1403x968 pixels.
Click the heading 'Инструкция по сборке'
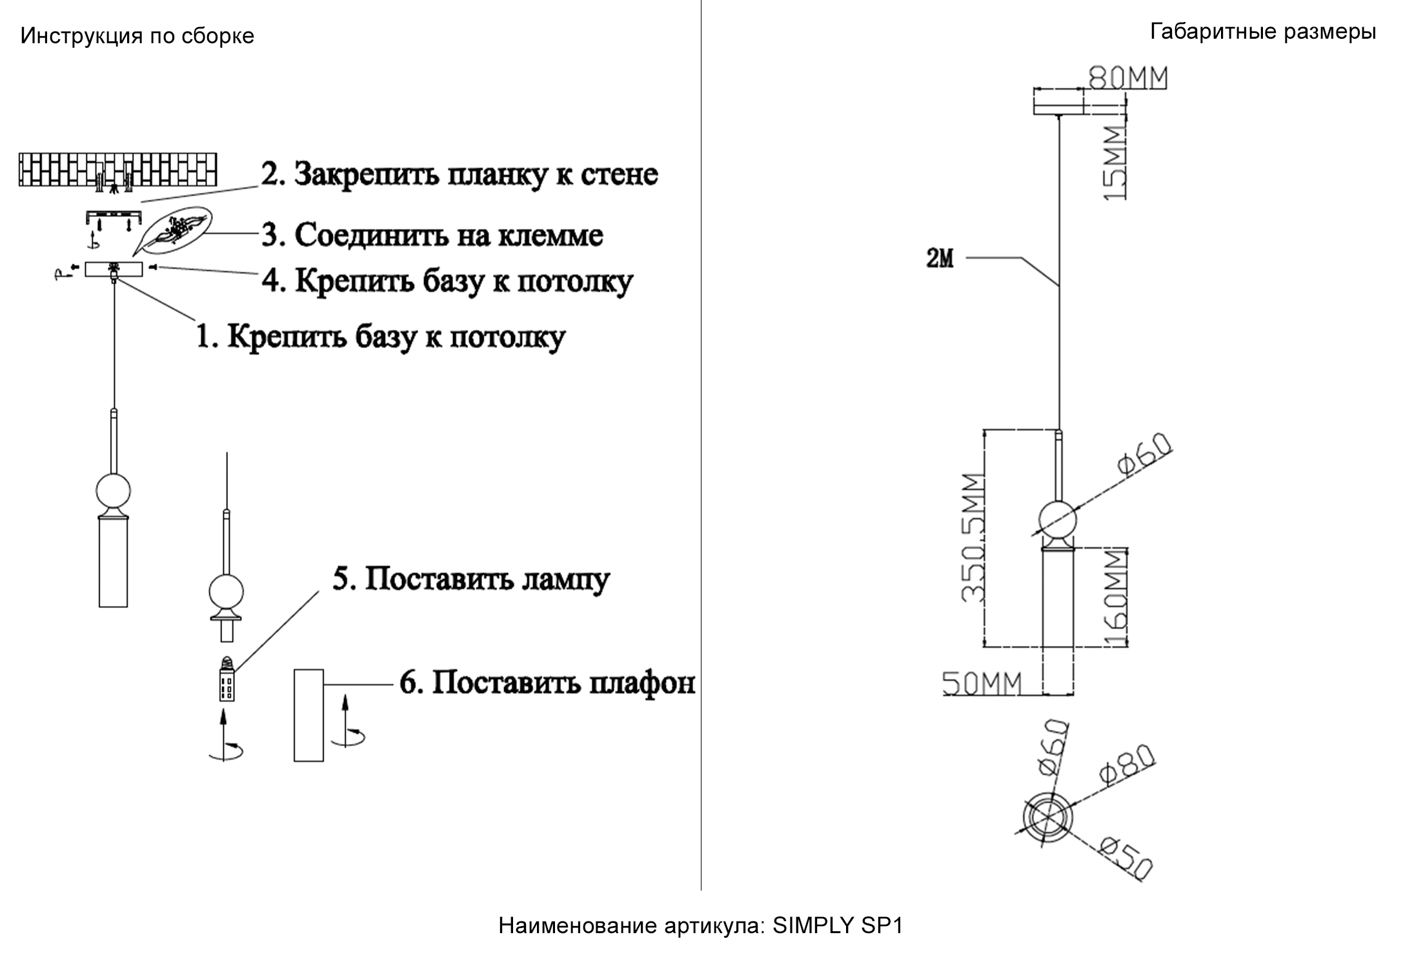137,36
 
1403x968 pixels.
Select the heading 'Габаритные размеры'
1263,31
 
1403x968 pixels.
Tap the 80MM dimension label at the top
1128,78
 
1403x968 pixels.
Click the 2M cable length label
939,259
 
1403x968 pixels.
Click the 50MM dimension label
982,683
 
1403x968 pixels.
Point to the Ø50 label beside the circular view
1127,858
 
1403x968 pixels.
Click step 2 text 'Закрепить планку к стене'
459,174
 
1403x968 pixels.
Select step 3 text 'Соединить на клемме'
432,235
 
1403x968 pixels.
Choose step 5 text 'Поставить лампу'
471,579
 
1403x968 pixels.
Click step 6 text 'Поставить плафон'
547,682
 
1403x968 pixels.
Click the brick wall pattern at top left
117,170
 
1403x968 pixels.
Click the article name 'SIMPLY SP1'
838,926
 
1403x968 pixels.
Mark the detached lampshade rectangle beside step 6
308,715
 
